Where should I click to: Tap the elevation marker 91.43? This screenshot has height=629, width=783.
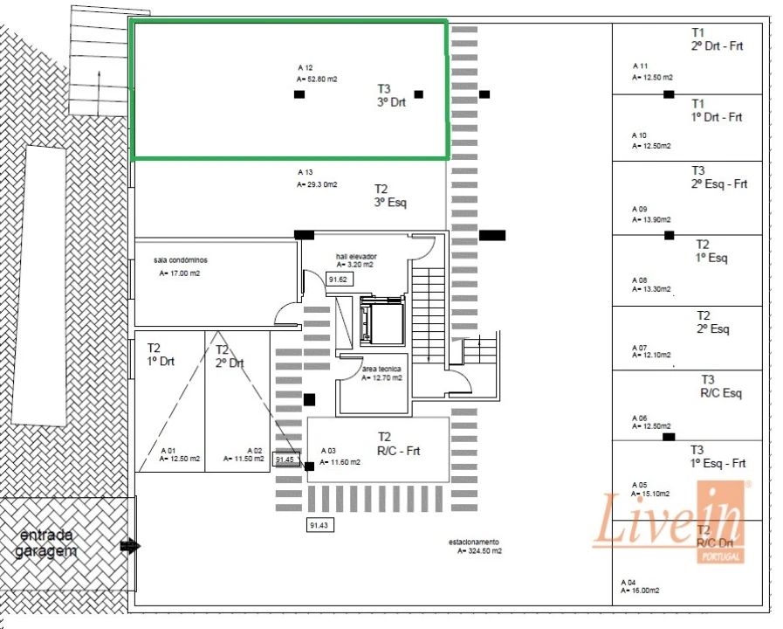click(x=319, y=525)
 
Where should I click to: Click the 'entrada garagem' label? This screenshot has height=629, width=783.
click(x=45, y=543)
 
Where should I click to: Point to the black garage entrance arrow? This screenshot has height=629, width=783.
click(x=130, y=547)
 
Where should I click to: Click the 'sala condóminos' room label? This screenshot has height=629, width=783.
click(x=181, y=260)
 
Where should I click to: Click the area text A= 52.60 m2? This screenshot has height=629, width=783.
click(x=317, y=79)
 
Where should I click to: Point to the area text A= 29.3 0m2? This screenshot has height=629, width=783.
click(x=317, y=184)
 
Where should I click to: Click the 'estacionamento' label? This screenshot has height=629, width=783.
click(x=474, y=542)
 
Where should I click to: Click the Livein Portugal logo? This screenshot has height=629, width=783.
click(x=669, y=522)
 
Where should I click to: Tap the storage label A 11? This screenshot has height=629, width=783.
click(x=640, y=66)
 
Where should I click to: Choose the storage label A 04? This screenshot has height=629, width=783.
click(x=628, y=581)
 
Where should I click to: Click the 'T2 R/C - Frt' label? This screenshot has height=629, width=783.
click(x=398, y=444)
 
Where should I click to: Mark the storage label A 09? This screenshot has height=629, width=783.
click(x=640, y=210)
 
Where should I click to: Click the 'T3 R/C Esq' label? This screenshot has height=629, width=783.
click(x=721, y=386)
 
